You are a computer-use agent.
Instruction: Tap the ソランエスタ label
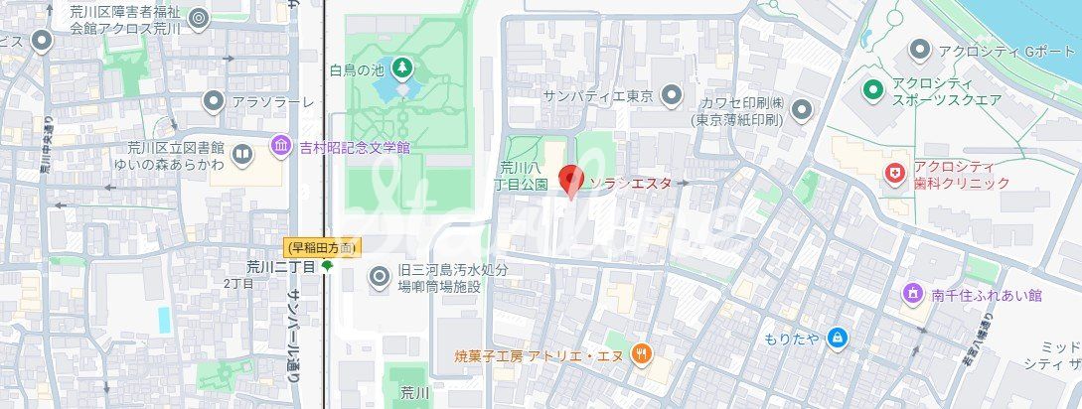631,184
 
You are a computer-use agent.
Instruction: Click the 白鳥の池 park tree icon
402,68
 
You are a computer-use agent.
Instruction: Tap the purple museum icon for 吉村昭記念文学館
281,147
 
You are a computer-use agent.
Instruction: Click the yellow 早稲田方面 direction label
323,246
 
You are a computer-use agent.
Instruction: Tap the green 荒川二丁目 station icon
327,266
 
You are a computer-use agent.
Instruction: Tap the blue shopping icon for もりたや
837,339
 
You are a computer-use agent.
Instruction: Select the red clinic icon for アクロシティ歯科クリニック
896,174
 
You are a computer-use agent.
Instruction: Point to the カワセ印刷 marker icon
802,109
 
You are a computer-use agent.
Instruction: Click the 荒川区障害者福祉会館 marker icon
199,18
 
